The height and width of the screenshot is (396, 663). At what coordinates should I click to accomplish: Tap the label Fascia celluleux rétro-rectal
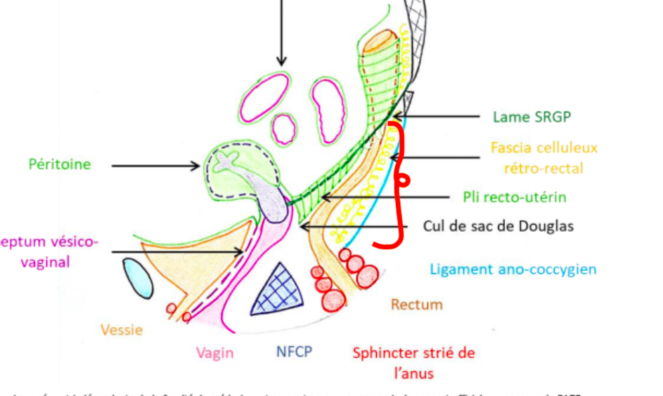coord(543,158)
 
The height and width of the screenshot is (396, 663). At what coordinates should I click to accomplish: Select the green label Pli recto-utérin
coord(515,197)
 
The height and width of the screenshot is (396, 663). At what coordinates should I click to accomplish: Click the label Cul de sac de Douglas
coord(498,226)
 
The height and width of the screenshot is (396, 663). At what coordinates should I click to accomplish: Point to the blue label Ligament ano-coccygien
coord(513,269)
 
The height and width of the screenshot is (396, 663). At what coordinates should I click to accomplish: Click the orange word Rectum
coord(417,304)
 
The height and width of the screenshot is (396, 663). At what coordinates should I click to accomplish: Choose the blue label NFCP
coord(295,352)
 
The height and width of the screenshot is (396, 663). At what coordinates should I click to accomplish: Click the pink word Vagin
coord(214,352)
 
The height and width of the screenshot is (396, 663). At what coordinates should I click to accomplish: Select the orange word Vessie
coord(122,329)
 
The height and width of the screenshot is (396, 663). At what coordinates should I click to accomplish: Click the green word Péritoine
coord(60,164)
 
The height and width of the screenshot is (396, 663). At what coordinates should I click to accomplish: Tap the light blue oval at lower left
coord(137,277)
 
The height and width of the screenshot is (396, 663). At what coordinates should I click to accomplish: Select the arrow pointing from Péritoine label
coord(156,166)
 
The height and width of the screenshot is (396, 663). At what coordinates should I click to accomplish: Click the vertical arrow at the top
coord(281,32)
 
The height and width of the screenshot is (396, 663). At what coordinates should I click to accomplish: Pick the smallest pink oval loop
coord(284,129)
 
